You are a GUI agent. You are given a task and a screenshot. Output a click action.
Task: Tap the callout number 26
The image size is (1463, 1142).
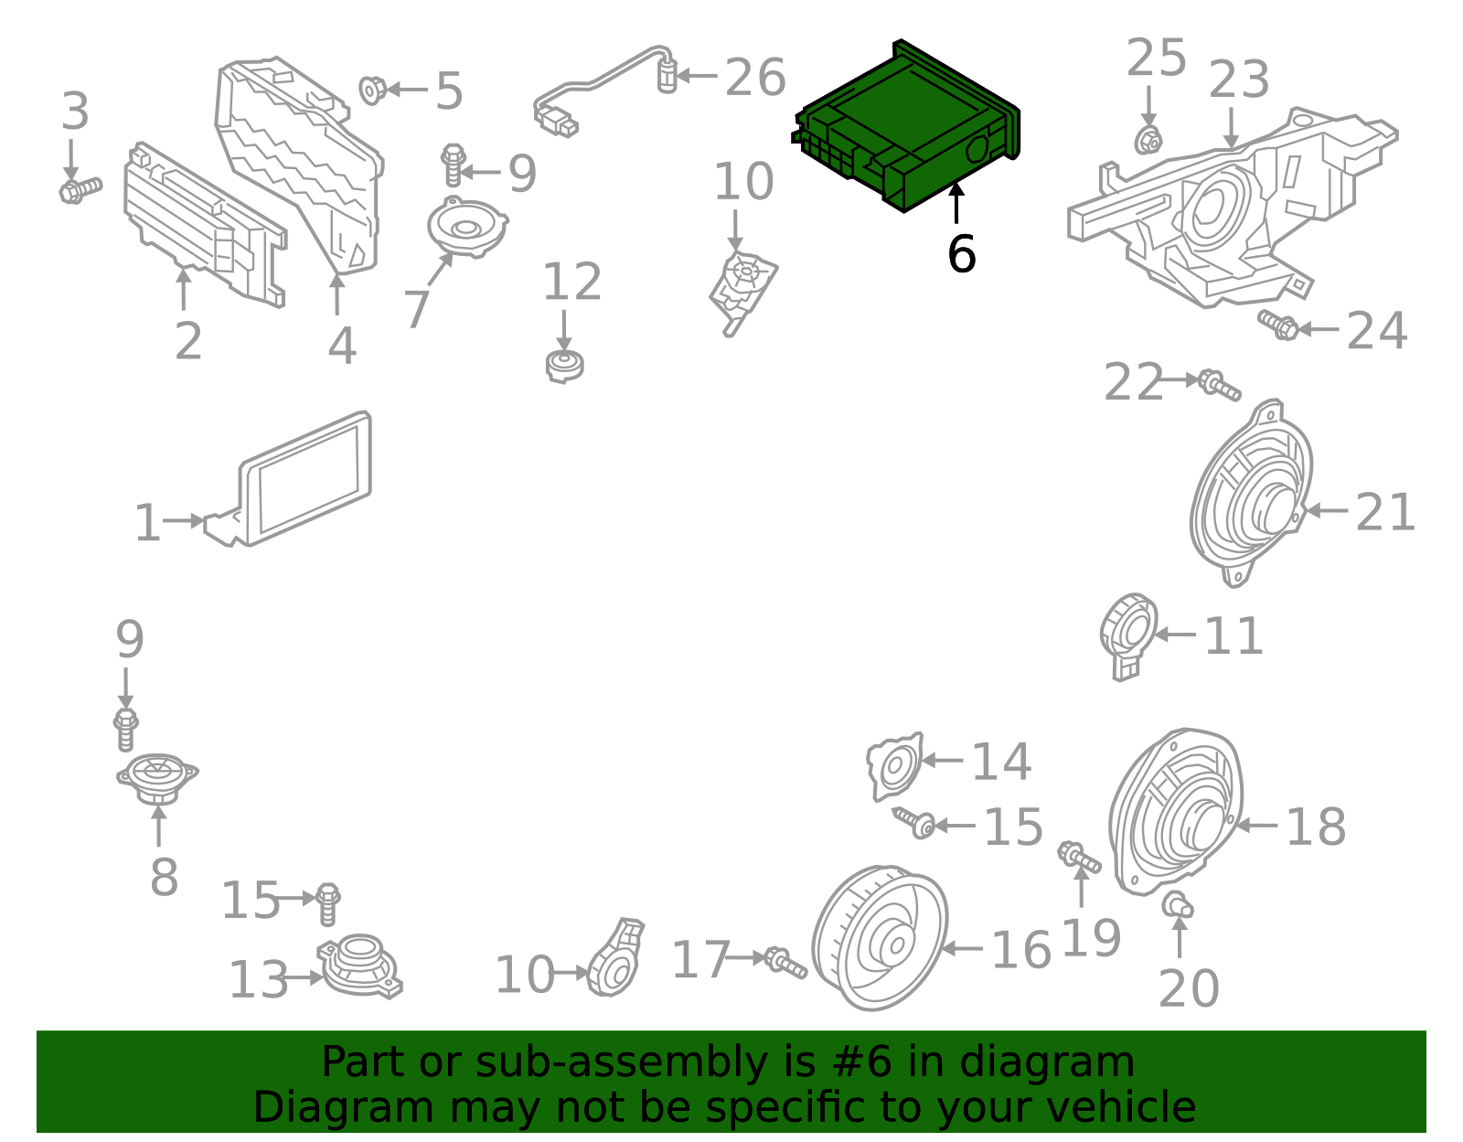pyautogui.click(x=754, y=78)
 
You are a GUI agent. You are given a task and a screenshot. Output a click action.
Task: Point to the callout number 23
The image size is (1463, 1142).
pyautogui.click(x=1239, y=80)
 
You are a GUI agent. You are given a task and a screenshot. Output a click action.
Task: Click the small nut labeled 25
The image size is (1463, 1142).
pyautogui.click(x=1149, y=141)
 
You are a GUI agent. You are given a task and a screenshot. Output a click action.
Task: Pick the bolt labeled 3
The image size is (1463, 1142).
pyautogui.click(x=80, y=190)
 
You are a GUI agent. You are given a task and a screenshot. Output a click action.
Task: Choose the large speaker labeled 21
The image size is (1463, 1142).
pyautogui.click(x=1251, y=494)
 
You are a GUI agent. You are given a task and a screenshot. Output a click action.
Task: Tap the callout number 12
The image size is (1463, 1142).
pyautogui.click(x=572, y=283)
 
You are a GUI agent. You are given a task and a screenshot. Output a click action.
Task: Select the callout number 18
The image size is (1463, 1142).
pyautogui.click(x=1316, y=827)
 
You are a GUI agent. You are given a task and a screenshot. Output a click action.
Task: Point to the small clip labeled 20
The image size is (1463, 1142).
pyautogui.click(x=1178, y=905)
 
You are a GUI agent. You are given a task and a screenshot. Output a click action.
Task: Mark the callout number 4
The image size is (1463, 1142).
pyautogui.click(x=342, y=346)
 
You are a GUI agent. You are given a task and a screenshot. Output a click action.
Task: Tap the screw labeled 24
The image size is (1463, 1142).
pyautogui.click(x=1277, y=324)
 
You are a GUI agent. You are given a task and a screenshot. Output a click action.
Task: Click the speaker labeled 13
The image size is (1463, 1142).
pyautogui.click(x=360, y=965)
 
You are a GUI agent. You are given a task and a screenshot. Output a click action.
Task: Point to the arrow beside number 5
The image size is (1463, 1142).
pyautogui.click(x=408, y=90)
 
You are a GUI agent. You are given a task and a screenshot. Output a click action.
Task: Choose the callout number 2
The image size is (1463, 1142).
pyautogui.click(x=187, y=341)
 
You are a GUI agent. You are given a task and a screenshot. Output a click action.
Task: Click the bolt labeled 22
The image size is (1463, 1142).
pyautogui.click(x=1219, y=385)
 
